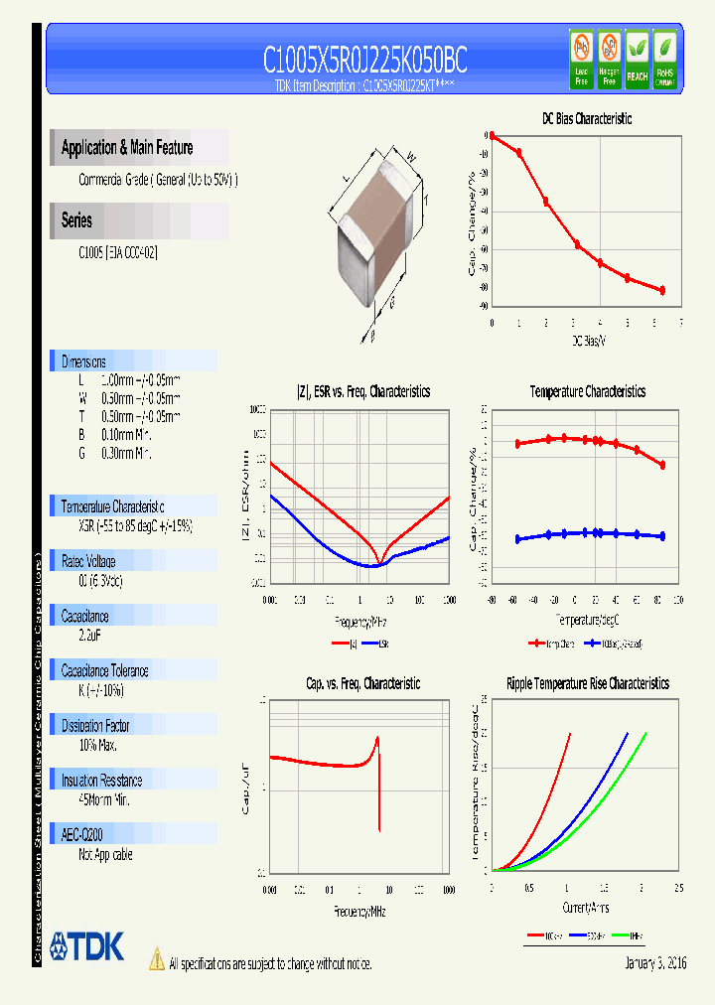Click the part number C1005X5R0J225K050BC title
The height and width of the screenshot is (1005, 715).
(x=364, y=61)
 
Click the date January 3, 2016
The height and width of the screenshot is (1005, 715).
(x=655, y=963)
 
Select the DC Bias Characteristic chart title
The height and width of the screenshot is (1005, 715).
(x=587, y=119)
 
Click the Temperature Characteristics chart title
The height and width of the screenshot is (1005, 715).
(x=587, y=392)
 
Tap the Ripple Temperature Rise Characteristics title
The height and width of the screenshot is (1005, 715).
(x=587, y=683)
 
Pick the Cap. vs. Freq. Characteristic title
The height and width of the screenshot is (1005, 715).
(x=362, y=683)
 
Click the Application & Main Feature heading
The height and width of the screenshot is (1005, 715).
(x=127, y=148)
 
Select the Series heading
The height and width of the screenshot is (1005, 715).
(x=76, y=220)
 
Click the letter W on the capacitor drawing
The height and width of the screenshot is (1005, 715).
(x=410, y=155)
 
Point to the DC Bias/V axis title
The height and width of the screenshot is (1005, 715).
(x=588, y=341)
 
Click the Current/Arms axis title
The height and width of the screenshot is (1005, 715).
(x=586, y=908)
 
